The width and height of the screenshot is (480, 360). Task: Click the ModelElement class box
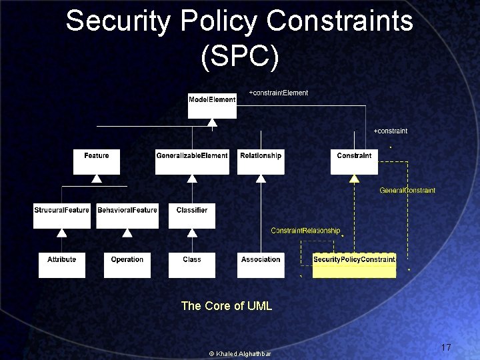coord(212,105)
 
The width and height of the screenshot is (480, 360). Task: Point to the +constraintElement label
coord(279,93)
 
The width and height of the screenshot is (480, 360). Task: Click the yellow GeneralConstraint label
coord(407,191)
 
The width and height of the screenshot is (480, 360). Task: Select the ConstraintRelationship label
coord(305,231)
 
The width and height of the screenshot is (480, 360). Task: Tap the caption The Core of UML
coord(227,306)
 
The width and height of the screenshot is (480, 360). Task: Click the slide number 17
coord(446,347)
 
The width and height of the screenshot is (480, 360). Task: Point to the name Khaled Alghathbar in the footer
coord(244,353)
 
